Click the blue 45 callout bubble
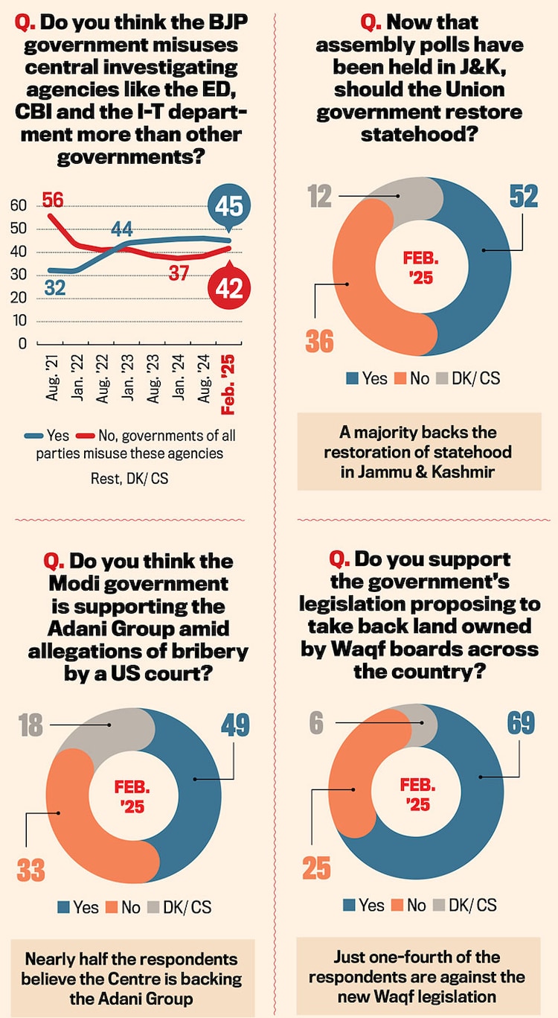(228, 207)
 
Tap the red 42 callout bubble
(228, 287)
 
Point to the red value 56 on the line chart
(52, 200)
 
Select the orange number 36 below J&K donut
(320, 342)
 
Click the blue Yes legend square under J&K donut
(353, 378)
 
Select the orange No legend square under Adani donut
(112, 907)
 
